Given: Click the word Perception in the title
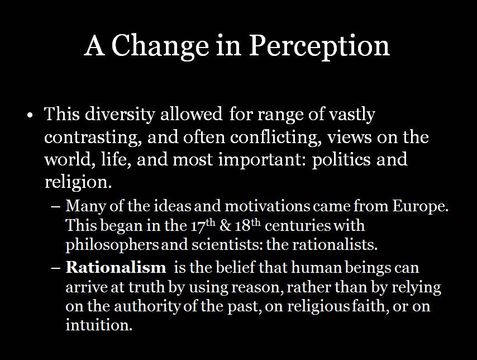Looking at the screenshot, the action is point(319,46).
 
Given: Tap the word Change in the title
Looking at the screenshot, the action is point(160,46).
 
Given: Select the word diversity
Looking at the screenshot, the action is point(120,115).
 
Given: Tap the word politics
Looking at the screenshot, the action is point(341,160).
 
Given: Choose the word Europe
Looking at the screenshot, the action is point(421,206).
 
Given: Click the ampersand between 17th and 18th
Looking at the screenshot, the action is point(226,226).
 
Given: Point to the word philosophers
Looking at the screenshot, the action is point(112,245).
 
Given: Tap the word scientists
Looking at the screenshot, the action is point(227,245).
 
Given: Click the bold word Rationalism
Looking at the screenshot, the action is point(116,267).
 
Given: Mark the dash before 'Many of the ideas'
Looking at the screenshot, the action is point(56,207).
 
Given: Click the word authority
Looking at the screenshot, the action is point(147,306).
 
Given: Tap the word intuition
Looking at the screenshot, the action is point(99,325).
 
